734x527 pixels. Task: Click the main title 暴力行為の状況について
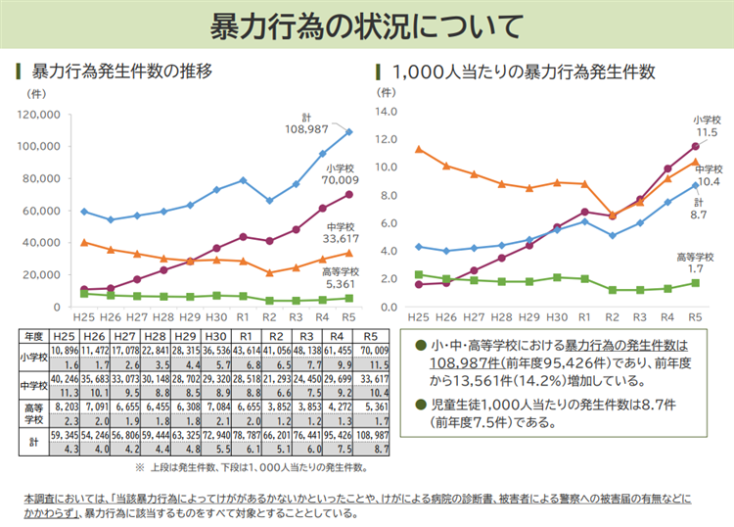367,26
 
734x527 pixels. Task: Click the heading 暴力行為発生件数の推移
122,72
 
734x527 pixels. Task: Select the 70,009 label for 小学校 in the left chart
341,180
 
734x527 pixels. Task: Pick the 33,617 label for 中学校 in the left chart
341,237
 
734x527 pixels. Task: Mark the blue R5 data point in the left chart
348,131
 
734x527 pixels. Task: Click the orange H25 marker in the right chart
418,150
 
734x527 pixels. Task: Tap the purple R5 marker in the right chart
695,146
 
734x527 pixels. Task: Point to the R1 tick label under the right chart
584,317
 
